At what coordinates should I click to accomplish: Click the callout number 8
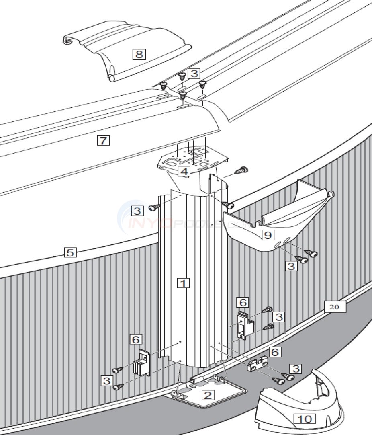coord(139,54)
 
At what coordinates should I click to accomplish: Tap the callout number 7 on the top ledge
coord(103,140)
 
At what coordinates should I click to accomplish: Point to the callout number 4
coord(184,172)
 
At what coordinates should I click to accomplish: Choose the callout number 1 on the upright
coord(183,283)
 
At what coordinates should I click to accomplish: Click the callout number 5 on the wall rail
coord(70,252)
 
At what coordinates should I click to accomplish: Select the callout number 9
coord(268,235)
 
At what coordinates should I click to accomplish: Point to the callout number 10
coord(305,419)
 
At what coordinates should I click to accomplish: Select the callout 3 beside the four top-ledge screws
coord(194,73)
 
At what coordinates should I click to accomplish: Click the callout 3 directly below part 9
coord(291,265)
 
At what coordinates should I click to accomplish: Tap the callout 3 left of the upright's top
coord(138,210)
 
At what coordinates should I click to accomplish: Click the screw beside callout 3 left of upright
coord(154,207)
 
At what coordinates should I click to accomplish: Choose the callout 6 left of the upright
coord(136,339)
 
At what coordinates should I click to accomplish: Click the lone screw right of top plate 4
coord(242,170)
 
